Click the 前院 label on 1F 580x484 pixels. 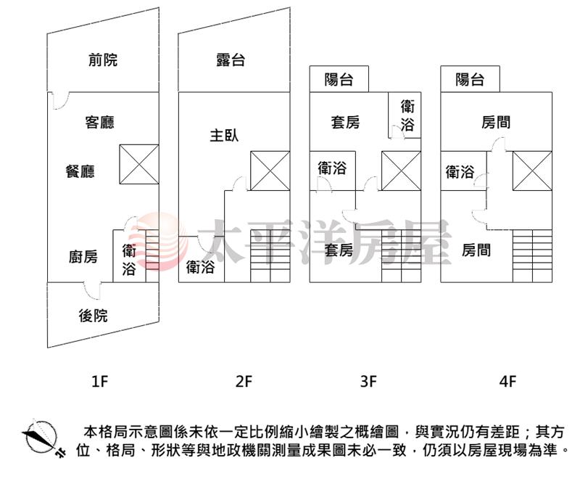102,60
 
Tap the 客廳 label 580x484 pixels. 100,123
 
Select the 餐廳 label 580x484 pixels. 80,171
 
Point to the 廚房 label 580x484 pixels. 83,256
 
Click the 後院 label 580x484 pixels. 93,315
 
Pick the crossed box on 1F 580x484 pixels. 139,164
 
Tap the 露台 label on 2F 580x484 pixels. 231,60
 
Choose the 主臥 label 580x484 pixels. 224,135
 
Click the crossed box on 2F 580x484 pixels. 270,171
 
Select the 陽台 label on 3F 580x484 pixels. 339,79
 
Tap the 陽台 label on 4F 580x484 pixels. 470,79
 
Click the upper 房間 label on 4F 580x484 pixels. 496,122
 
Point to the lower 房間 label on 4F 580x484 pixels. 476,250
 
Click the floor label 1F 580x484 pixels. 100,380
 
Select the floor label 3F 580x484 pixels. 369,380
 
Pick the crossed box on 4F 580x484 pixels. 532,171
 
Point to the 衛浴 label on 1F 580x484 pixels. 129,261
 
